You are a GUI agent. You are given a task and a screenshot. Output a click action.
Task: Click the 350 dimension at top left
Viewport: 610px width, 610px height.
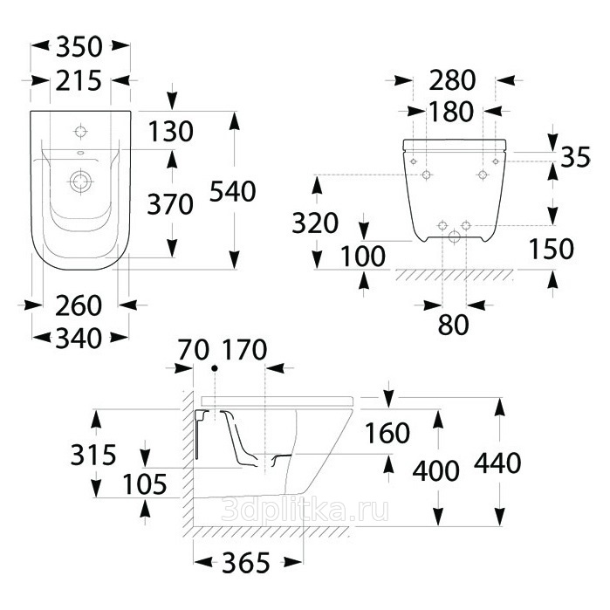coord(79,46)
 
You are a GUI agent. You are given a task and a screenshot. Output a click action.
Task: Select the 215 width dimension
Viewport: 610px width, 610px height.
coord(79,81)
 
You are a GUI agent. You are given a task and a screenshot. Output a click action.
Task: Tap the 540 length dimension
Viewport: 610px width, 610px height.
coord(233,191)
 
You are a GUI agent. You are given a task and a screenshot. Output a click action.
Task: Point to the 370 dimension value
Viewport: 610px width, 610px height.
coord(170,204)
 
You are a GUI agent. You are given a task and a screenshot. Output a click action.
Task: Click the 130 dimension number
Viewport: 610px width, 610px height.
coord(171,131)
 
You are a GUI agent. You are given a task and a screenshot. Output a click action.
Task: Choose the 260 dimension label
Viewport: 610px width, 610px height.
coord(79,305)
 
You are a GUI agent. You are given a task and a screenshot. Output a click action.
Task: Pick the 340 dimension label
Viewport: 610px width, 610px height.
coord(79,338)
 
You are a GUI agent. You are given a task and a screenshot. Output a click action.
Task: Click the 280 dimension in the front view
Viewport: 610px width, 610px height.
coord(452,80)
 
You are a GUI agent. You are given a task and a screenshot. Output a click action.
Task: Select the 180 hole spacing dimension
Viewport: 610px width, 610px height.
coord(451,111)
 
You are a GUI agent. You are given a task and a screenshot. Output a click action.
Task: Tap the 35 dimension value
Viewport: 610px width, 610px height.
coord(576,157)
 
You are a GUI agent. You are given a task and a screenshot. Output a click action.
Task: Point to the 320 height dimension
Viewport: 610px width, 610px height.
coord(315,223)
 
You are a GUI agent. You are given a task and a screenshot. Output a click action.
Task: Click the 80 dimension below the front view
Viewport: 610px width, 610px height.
coord(454,325)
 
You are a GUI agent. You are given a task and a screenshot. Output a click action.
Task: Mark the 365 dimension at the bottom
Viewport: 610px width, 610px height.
coord(246,563)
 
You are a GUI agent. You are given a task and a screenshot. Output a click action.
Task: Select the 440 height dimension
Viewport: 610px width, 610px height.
coord(497,463)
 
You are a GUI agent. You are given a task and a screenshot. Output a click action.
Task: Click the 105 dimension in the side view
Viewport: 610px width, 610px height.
coord(145,484)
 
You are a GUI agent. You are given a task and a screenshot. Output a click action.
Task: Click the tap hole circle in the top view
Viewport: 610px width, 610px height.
coord(80,132)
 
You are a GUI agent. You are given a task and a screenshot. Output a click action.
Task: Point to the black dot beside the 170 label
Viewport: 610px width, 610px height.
coord(215,368)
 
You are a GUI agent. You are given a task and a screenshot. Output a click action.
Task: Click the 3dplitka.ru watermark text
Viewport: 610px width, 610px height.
coord(305,510)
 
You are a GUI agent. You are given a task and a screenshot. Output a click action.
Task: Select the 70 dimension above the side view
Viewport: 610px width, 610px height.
coord(194,350)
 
